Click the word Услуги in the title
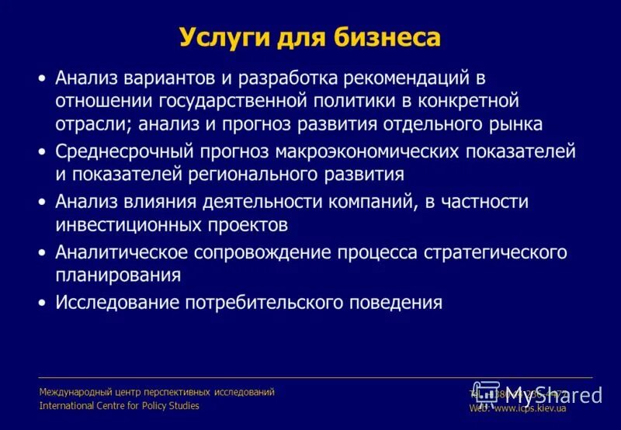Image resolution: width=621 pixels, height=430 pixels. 222,36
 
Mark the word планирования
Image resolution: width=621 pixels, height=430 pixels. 118,275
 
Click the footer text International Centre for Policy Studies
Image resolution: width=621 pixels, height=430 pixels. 119,406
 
